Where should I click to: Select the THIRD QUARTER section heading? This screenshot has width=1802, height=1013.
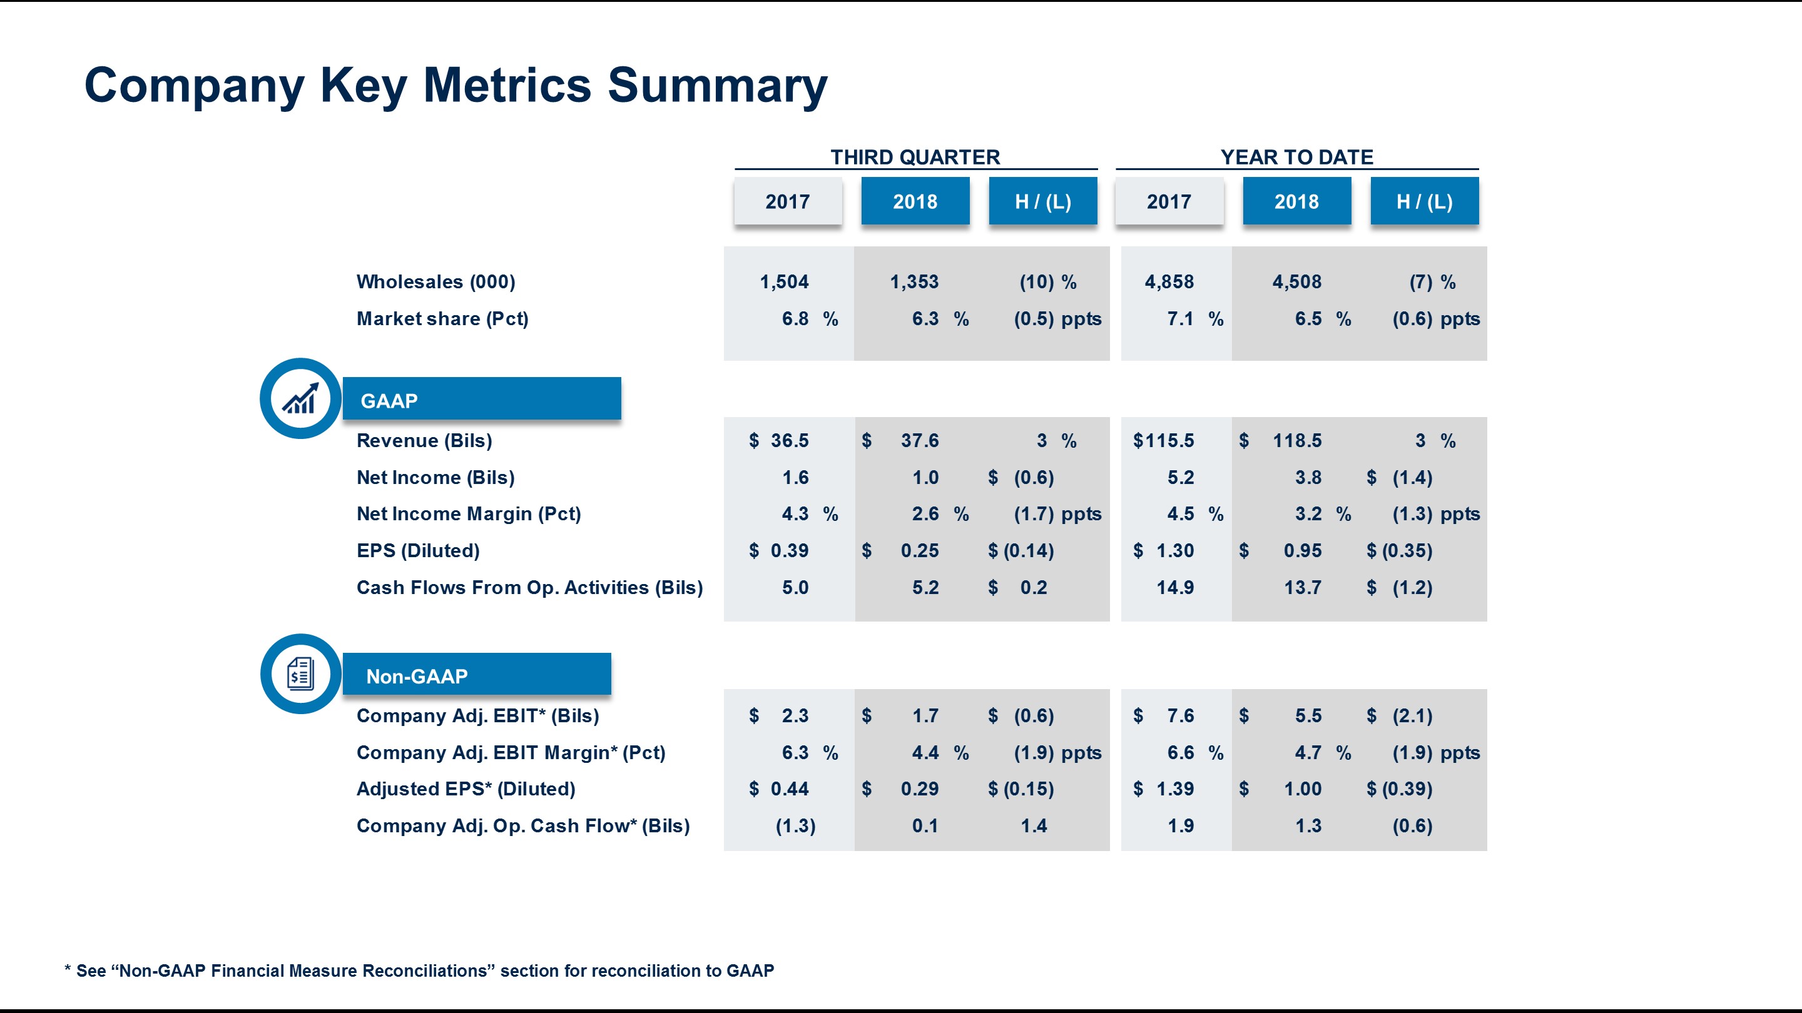(x=915, y=158)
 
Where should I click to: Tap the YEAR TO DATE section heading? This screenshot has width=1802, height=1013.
(x=1296, y=158)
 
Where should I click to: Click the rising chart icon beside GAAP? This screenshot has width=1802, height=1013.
(x=301, y=398)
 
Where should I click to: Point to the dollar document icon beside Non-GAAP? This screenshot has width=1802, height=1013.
(x=301, y=674)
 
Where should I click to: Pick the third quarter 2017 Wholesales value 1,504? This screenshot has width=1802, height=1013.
(x=783, y=282)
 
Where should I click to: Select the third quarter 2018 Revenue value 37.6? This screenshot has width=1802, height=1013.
(x=919, y=440)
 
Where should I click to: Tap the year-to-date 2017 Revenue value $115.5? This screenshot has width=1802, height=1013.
(x=1163, y=440)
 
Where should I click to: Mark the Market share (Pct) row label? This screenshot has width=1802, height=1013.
(x=442, y=319)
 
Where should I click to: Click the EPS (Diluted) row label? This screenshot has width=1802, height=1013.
(x=417, y=551)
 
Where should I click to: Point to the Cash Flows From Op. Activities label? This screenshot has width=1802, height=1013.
(x=529, y=587)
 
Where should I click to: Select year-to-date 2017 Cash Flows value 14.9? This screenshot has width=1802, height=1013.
(x=1174, y=587)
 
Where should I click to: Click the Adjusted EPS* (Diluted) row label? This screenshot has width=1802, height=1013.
(x=466, y=789)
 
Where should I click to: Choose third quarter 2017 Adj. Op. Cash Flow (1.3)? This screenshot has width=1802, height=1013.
(x=795, y=825)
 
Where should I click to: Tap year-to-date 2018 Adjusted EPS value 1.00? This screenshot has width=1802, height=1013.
(x=1303, y=789)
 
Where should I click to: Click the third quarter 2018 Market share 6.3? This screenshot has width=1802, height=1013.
(x=925, y=319)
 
